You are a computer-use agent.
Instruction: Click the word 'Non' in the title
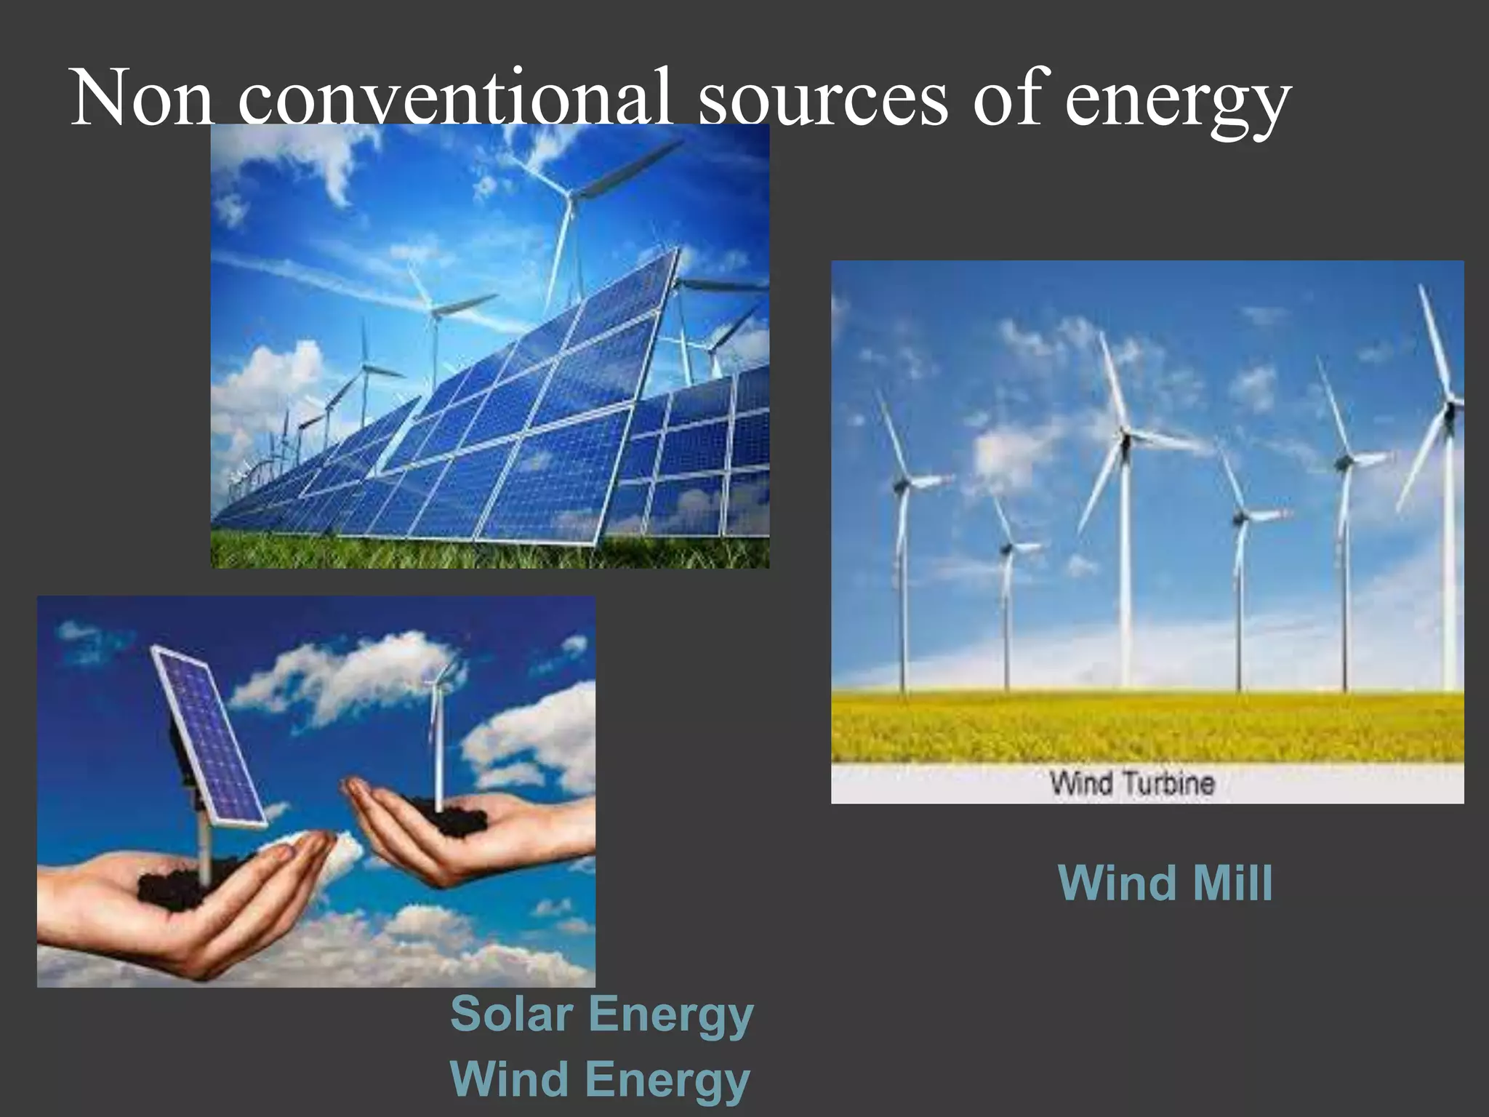pos(142,99)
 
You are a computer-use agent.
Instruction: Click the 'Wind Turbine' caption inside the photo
pos(1132,783)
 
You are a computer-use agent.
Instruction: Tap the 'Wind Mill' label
pos(1165,883)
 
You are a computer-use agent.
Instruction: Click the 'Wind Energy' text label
pos(600,1079)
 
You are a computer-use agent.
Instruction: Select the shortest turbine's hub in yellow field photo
pos(1007,547)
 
